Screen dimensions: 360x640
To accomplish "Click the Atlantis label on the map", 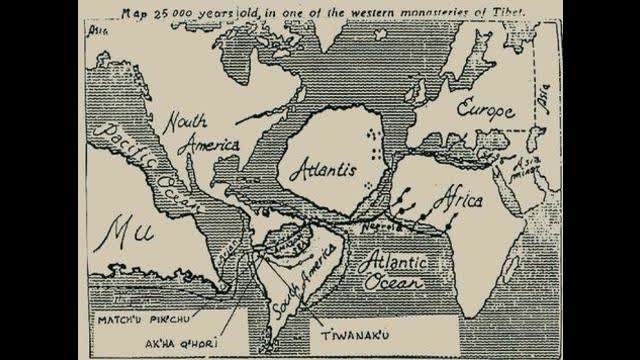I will pos(323,171).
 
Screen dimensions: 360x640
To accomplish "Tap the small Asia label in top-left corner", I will pos(95,30).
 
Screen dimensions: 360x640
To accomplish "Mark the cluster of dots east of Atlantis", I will pos(373,146).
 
